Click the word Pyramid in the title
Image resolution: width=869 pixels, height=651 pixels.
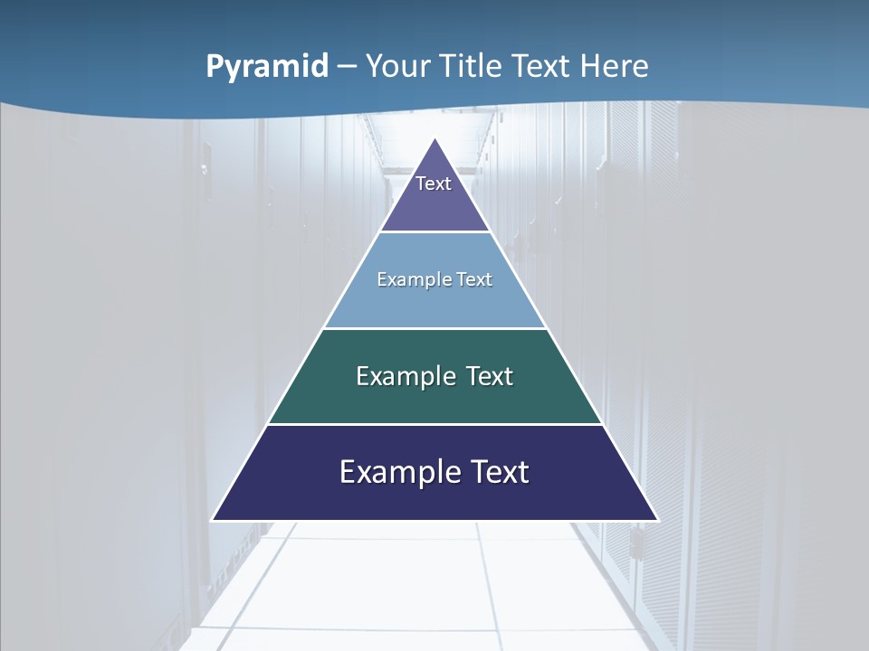(267, 67)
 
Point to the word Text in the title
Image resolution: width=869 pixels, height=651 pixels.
(542, 66)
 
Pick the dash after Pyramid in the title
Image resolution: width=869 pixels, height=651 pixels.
(347, 67)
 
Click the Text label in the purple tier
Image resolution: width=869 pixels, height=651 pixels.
(434, 184)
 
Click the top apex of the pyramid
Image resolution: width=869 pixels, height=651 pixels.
(435, 139)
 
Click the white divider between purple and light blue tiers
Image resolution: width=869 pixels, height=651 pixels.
(435, 232)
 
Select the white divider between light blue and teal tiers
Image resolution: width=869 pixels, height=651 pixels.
(435, 328)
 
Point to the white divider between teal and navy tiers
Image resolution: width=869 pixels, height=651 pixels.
(435, 424)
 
